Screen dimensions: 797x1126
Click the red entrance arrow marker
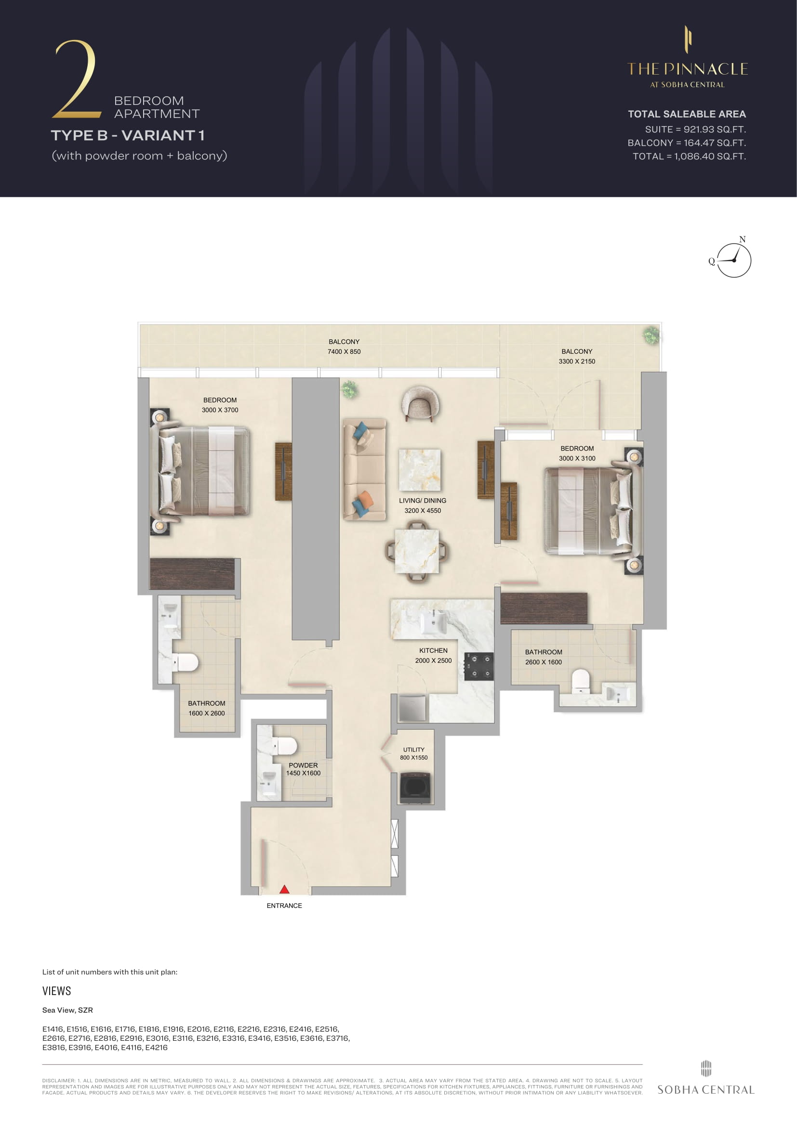[x=284, y=889]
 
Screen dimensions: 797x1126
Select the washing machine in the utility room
[x=415, y=788]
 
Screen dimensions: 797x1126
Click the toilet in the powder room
[x=285, y=746]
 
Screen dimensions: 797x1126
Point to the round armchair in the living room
[x=420, y=403]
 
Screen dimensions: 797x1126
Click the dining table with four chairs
[x=417, y=551]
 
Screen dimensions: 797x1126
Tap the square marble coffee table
[x=420, y=470]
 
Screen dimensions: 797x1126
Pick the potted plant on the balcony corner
[x=652, y=336]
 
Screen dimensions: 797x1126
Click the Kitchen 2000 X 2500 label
[x=433, y=655]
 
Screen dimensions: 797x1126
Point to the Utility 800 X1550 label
[x=414, y=753]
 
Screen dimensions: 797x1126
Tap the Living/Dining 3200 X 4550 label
[x=423, y=505]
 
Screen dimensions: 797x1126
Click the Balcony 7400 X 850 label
[x=344, y=346]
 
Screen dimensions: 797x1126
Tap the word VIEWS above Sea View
[x=56, y=991]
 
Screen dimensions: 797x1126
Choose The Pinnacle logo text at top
[x=688, y=69]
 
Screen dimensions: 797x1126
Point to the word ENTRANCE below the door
[x=284, y=906]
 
